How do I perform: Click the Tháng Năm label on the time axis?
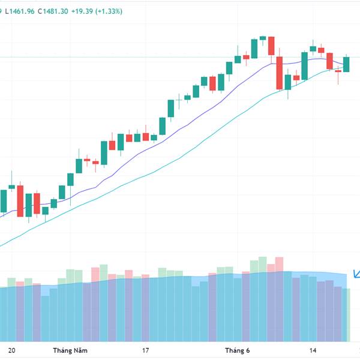point(67,350)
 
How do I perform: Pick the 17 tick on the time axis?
point(145,350)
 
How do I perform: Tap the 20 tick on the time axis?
point(12,350)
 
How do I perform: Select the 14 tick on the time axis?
point(313,350)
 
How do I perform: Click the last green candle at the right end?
point(346,64)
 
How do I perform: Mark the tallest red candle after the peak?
point(279,73)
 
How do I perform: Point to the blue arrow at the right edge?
point(356,274)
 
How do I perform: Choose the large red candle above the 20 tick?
point(20,201)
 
